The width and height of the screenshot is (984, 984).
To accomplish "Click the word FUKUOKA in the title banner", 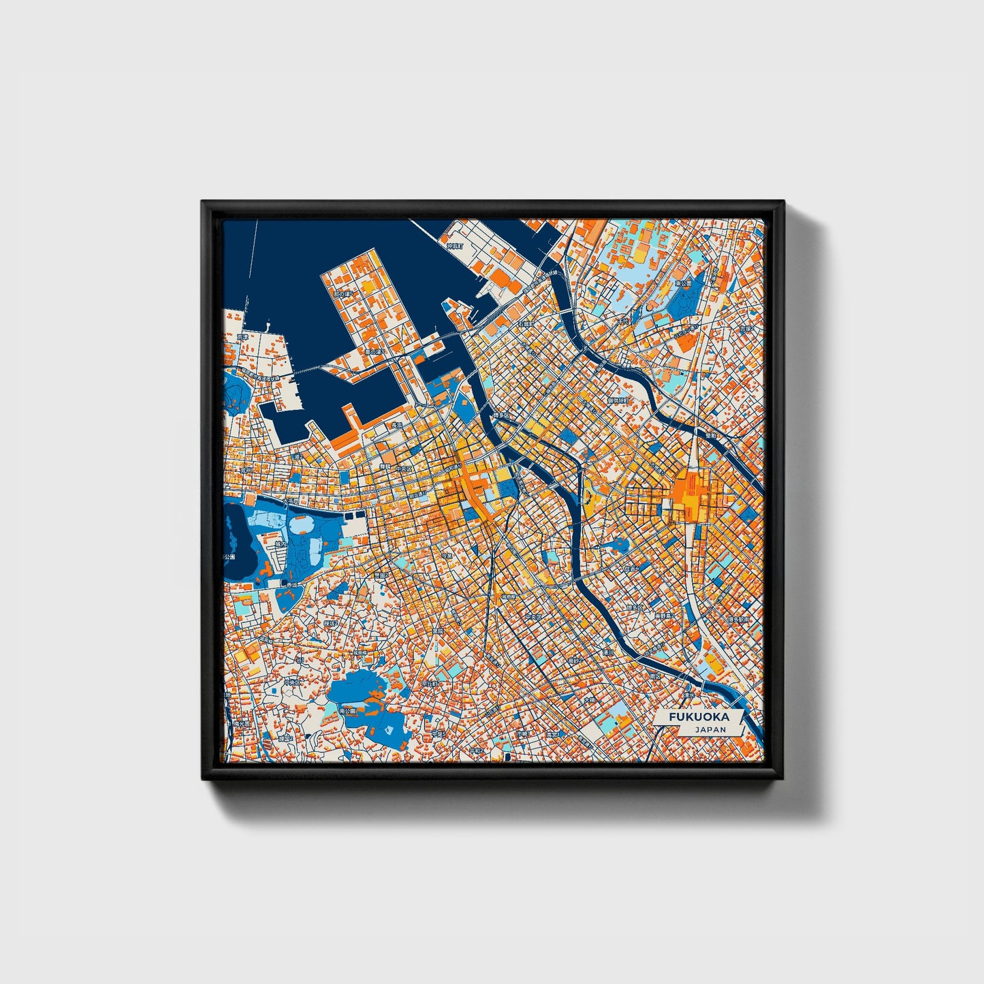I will pos(698,716).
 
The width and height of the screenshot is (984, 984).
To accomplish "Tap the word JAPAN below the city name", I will pos(710,729).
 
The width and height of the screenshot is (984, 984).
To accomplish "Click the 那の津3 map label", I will pos(374,351).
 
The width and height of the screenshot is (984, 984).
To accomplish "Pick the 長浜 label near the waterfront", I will pos(394,425).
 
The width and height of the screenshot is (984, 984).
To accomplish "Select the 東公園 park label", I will pos(682,283).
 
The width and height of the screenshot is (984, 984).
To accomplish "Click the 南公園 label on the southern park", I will pos(347,710).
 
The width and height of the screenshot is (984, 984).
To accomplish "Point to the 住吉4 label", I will pos(631,567).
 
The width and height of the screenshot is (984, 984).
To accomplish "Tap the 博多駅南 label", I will pos(737,620).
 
